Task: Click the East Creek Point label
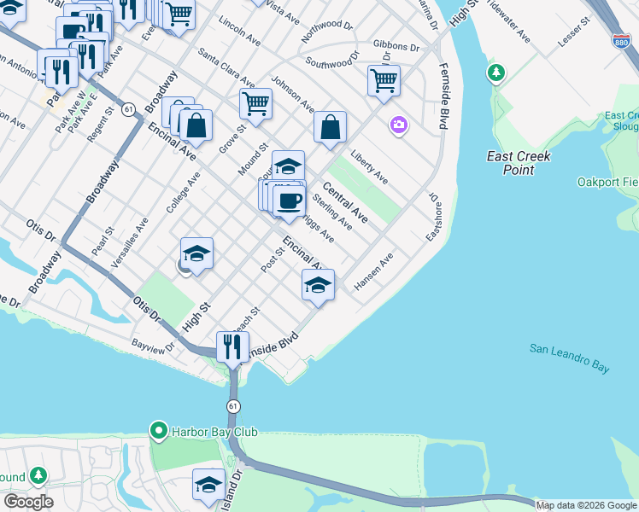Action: (519, 163)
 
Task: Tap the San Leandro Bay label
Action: (569, 358)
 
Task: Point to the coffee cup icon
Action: (289, 201)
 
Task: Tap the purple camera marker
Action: (398, 125)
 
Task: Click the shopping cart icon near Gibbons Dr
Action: (384, 81)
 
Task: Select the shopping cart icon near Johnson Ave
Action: (255, 104)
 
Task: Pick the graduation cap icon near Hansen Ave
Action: (318, 285)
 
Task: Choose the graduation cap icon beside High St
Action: (196, 253)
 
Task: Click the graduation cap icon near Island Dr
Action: (208, 485)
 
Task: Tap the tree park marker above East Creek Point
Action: (495, 73)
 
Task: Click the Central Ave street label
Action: (345, 202)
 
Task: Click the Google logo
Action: (28, 501)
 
